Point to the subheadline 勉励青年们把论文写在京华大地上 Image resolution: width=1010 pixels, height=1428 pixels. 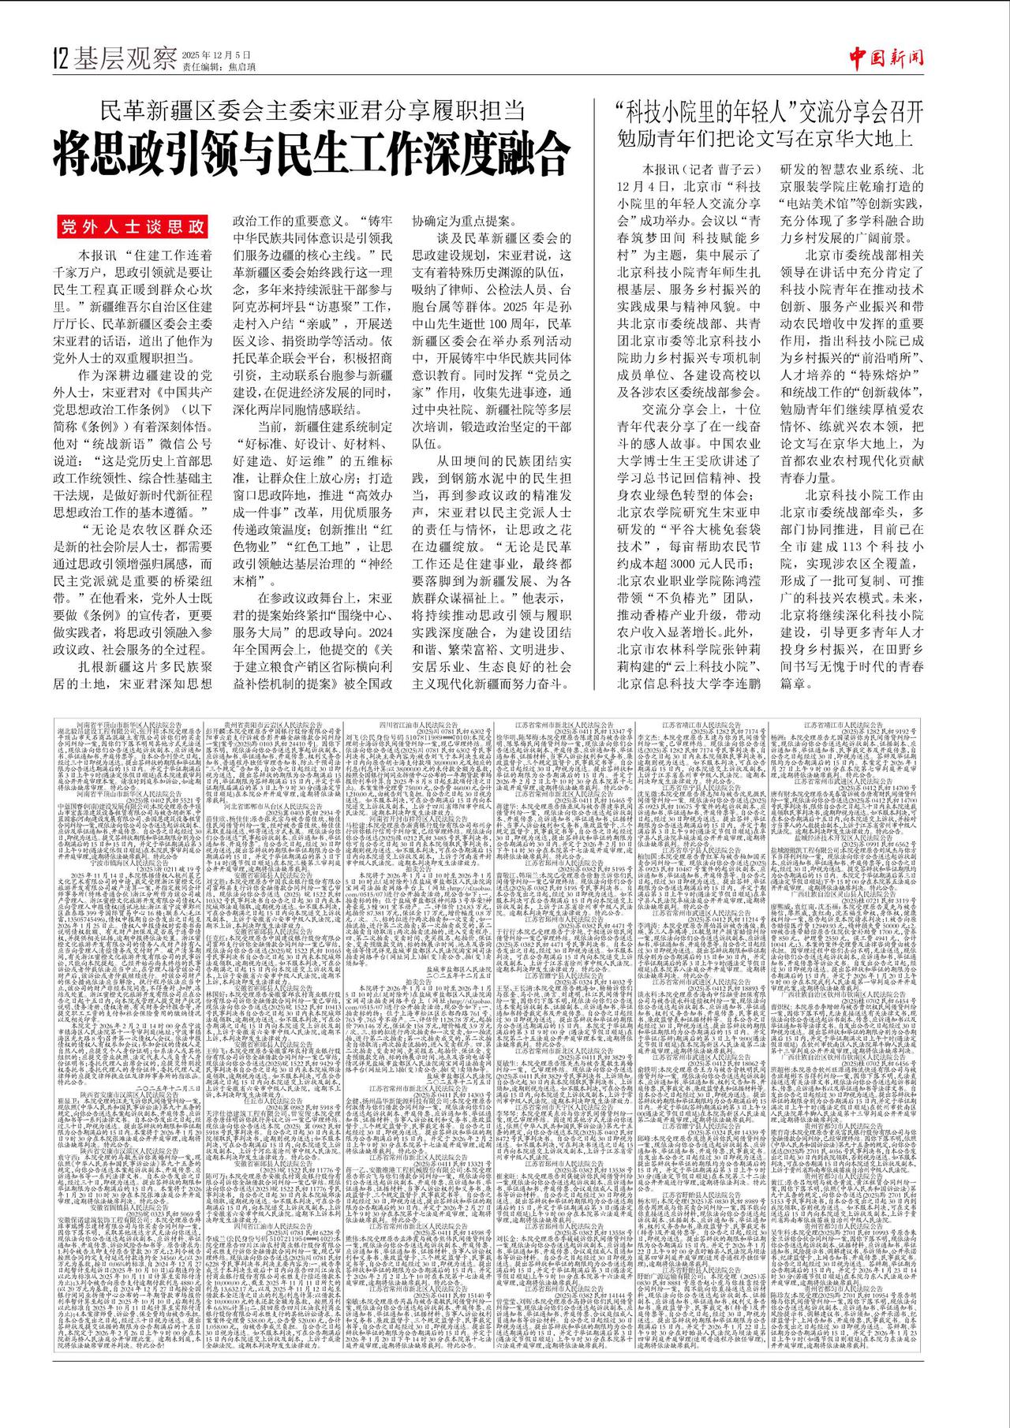[765, 137]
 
